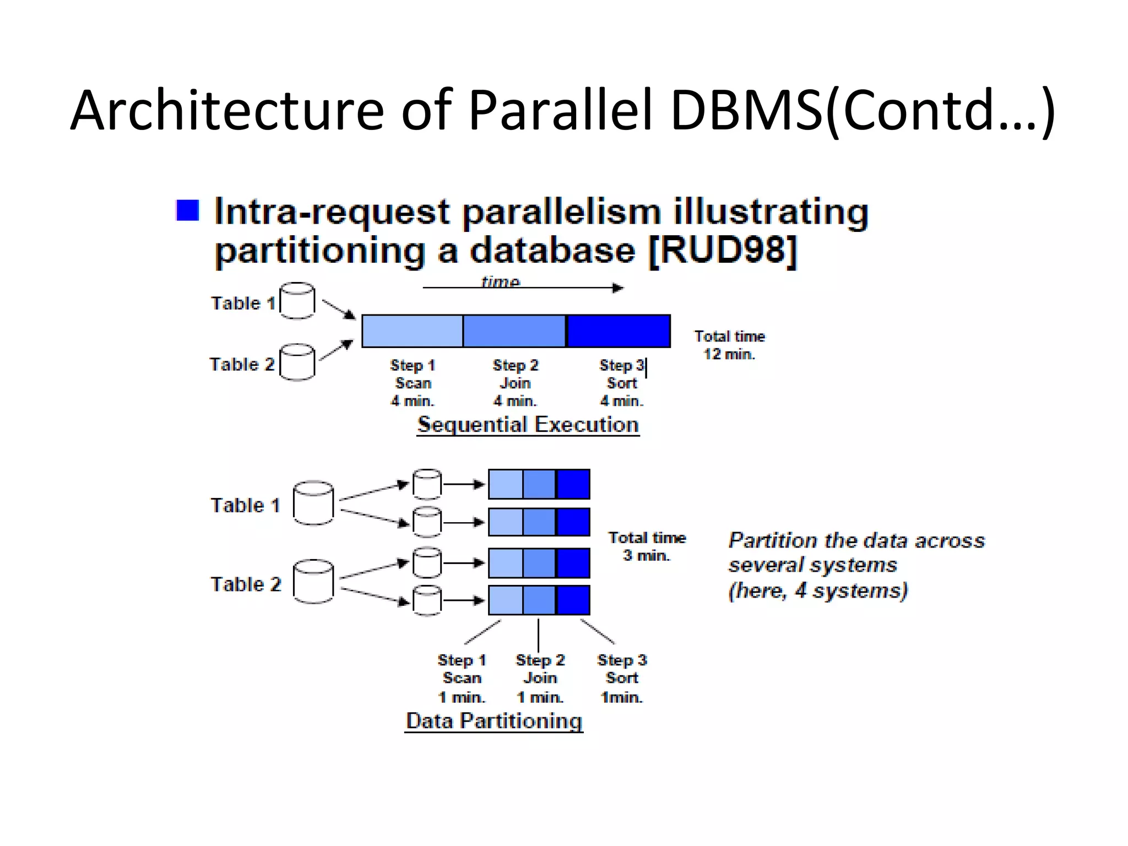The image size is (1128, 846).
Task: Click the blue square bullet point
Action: click(187, 210)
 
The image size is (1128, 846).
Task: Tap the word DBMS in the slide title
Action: click(747, 110)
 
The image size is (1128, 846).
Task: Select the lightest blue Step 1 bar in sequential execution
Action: click(412, 331)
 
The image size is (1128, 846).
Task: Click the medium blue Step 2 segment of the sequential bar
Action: click(514, 331)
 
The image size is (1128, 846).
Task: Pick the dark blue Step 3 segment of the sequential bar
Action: click(618, 331)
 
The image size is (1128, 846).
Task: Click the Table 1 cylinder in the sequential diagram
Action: click(297, 301)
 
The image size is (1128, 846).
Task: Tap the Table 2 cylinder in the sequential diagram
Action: click(297, 362)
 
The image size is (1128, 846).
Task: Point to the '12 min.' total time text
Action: click(729, 354)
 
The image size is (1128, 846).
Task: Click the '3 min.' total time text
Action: click(646, 555)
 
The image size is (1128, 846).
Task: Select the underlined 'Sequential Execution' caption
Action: click(528, 425)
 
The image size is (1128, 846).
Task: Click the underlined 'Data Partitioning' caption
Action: click(493, 720)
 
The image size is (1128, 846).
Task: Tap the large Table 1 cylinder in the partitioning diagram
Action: click(313, 503)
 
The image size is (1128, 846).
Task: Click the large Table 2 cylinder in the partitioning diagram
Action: click(313, 582)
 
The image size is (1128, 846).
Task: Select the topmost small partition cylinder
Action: click(427, 484)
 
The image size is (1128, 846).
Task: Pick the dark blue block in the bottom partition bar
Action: click(573, 600)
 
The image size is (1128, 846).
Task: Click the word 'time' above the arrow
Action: click(500, 281)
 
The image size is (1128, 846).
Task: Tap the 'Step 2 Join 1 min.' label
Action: click(540, 678)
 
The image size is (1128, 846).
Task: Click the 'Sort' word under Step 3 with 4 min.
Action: click(621, 383)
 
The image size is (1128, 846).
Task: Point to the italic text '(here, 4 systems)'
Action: click(817, 590)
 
